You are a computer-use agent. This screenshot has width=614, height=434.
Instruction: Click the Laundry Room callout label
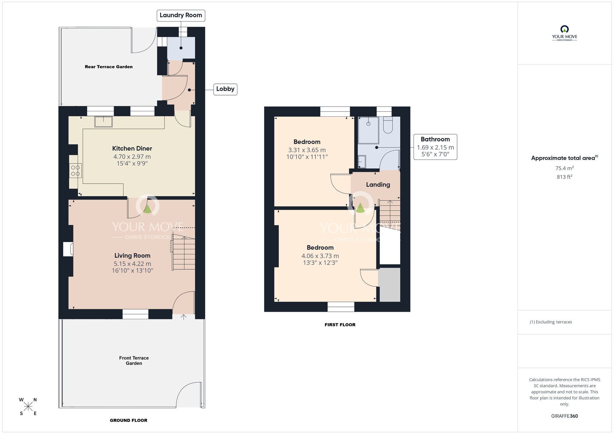(x=181, y=15)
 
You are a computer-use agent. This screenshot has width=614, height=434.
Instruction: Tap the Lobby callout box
(x=225, y=89)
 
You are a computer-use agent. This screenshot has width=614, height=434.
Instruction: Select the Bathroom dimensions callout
(x=435, y=147)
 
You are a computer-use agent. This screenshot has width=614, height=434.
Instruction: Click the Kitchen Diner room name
(x=132, y=149)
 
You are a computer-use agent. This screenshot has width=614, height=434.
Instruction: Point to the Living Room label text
(x=132, y=256)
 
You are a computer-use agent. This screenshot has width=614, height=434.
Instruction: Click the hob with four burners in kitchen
(x=75, y=171)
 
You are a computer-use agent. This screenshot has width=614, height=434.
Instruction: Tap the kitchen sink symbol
(x=103, y=122)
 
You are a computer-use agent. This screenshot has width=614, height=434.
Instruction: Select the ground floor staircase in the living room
(x=183, y=252)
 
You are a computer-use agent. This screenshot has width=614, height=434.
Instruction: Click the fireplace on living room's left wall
(x=68, y=249)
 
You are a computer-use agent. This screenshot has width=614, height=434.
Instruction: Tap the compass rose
(x=28, y=407)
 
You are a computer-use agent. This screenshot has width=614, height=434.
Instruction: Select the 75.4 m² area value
(x=564, y=168)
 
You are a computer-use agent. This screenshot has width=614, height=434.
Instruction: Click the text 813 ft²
(x=564, y=177)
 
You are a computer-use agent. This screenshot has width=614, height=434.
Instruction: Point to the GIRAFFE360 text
(x=564, y=416)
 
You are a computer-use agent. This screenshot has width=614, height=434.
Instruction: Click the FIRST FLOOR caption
(x=340, y=325)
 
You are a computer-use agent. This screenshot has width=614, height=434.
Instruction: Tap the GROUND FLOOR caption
(x=128, y=420)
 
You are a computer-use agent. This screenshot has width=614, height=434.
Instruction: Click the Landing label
(x=378, y=185)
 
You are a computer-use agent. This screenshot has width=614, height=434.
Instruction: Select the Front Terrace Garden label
(x=134, y=361)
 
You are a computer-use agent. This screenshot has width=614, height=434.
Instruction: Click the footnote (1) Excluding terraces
(x=551, y=322)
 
